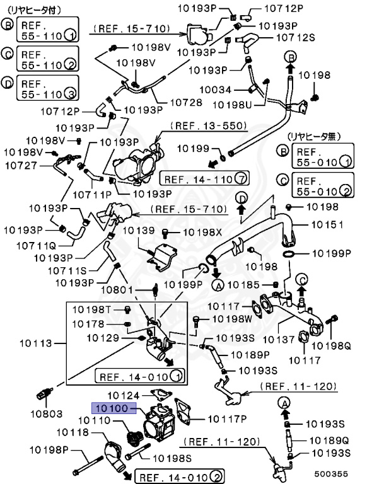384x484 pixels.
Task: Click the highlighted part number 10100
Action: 111,408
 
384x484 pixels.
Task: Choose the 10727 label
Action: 21,166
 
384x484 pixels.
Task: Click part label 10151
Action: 327,224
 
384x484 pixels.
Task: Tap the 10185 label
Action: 242,285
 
